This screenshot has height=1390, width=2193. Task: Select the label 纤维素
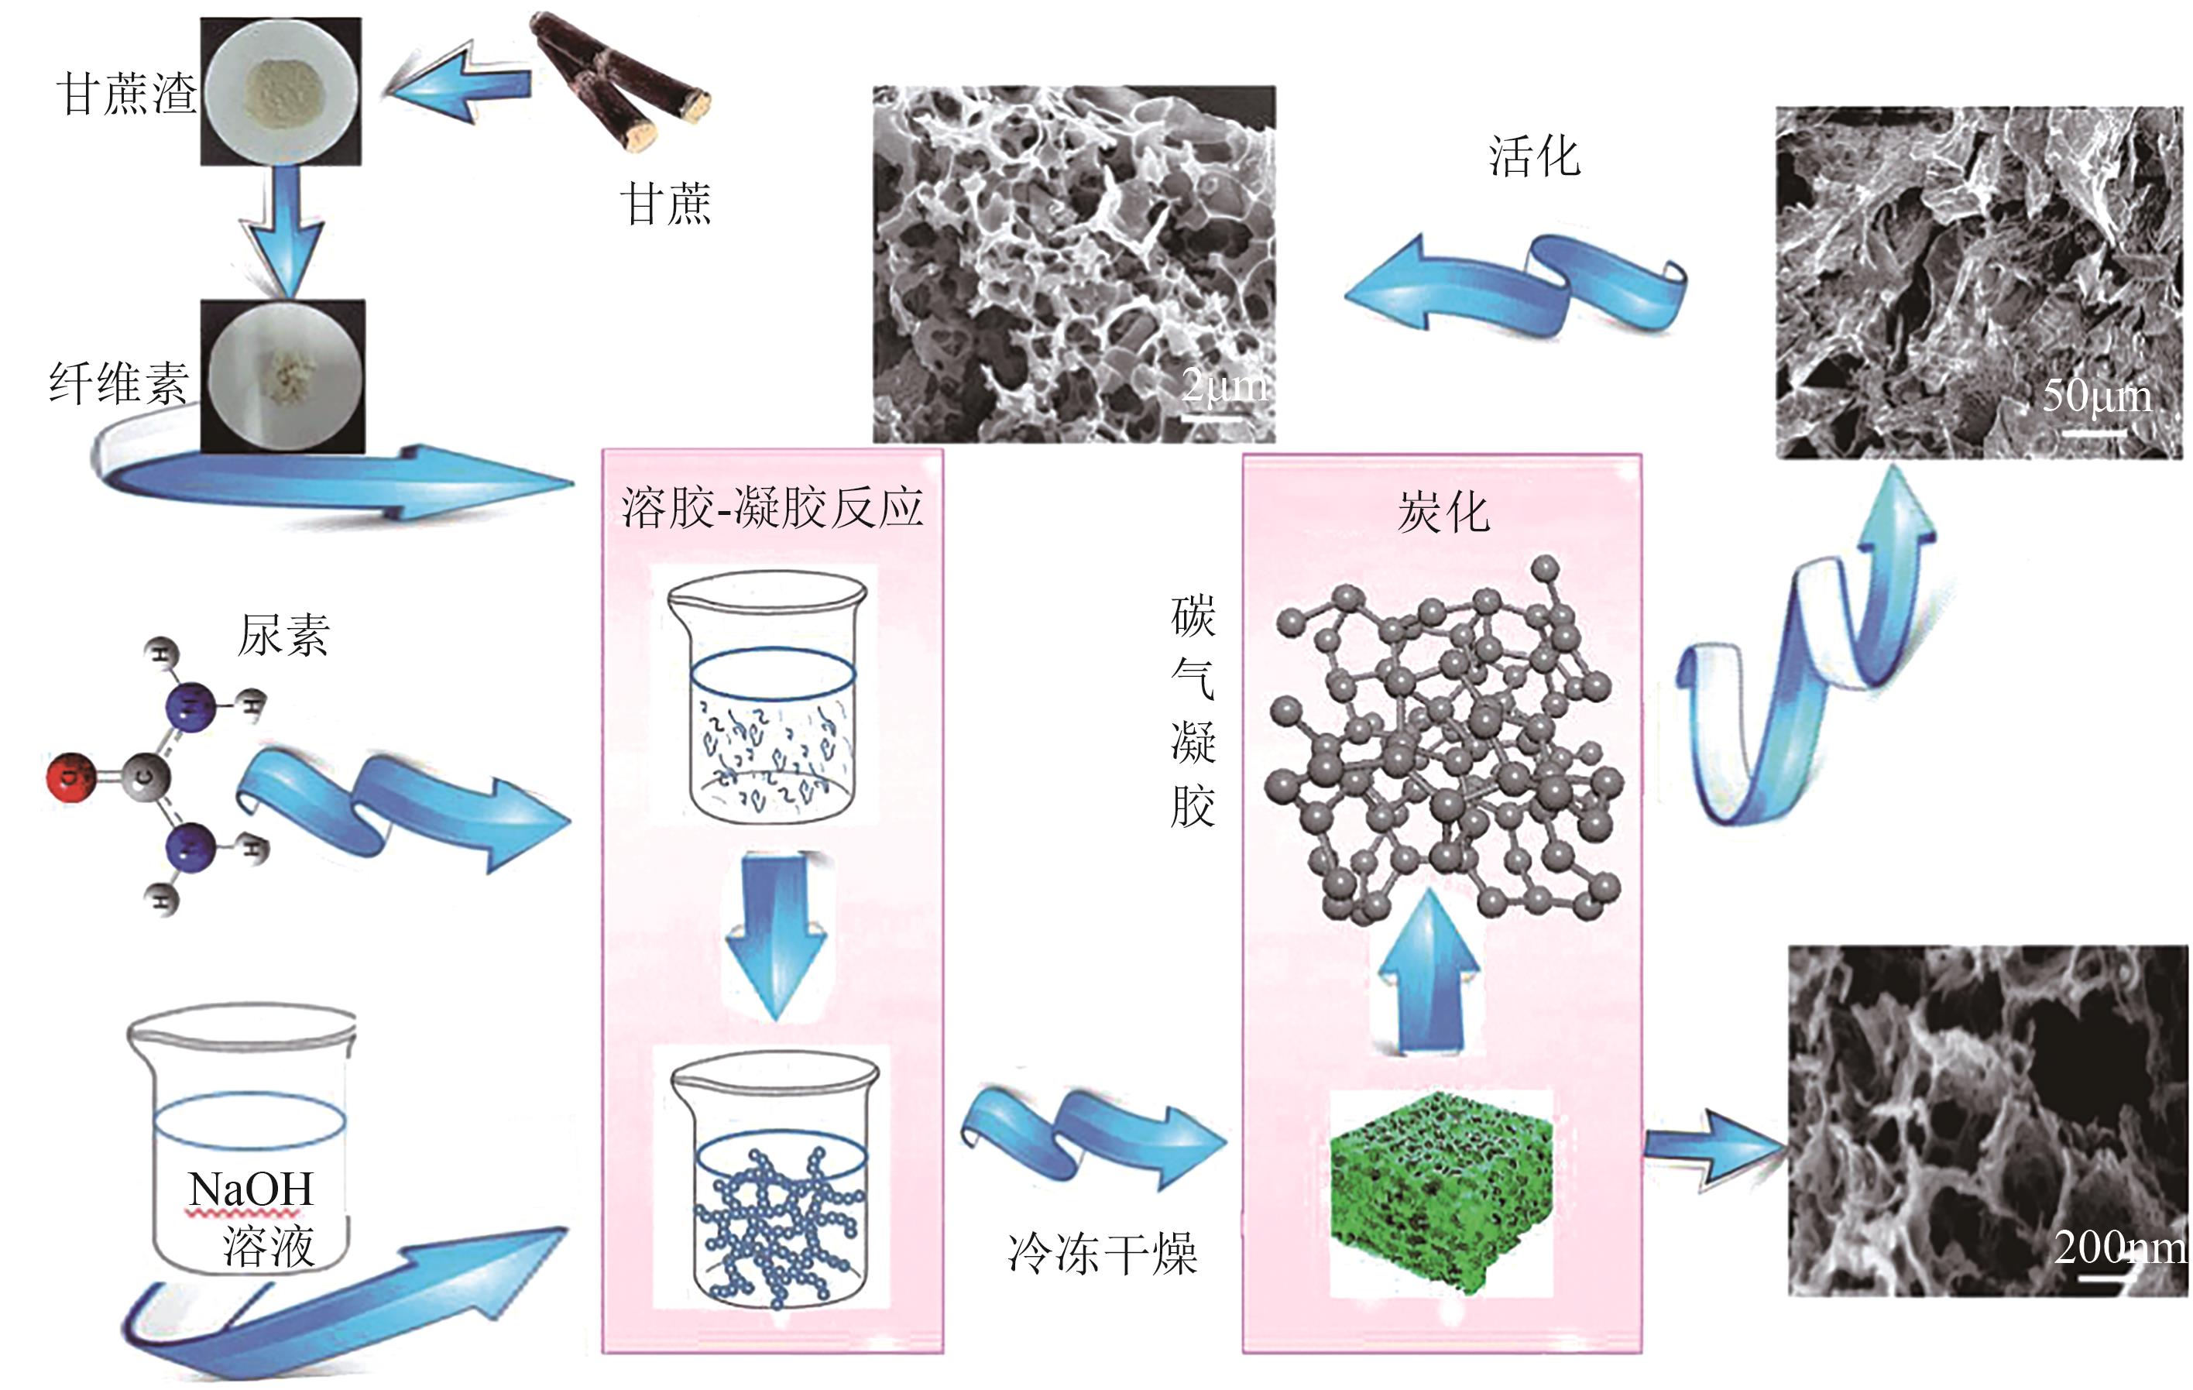[x=118, y=383]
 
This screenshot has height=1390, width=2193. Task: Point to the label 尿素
[x=283, y=635]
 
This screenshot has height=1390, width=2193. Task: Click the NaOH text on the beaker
[x=250, y=1189]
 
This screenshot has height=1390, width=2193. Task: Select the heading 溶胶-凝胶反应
[x=772, y=507]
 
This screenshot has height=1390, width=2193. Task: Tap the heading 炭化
[x=1443, y=513]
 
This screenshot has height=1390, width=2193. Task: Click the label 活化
[x=1535, y=156]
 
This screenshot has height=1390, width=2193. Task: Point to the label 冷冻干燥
[x=1102, y=1254]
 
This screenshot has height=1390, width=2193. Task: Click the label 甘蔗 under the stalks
[x=666, y=202]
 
